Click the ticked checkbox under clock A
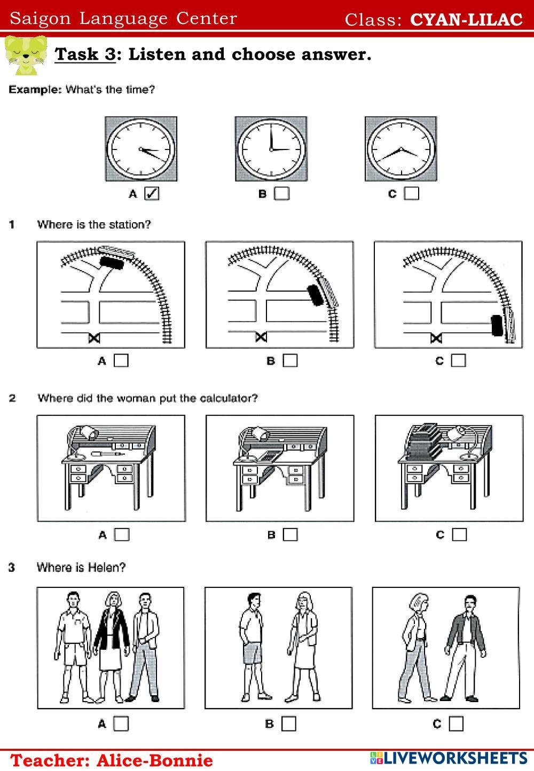point(152,193)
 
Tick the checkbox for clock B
point(281,193)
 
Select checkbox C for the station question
point(458,360)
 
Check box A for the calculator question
point(122,534)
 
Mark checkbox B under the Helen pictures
point(289,723)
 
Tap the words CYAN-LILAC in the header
point(466,20)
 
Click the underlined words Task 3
point(85,54)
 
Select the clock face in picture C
point(400,149)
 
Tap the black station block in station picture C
point(497,325)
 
